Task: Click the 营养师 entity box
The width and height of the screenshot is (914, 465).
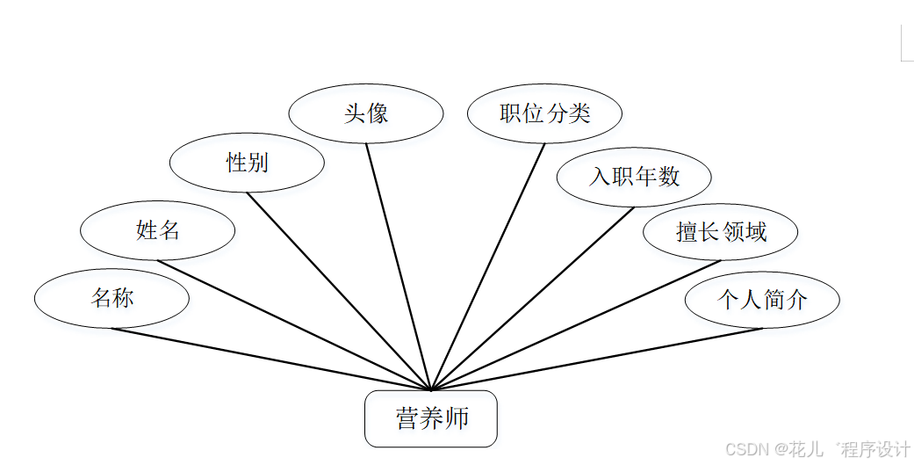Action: coord(431,418)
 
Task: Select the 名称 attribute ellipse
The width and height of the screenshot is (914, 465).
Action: coord(112,299)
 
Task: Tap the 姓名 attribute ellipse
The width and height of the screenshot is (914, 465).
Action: coord(157,231)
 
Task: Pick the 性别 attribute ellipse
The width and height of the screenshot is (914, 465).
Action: coord(247,163)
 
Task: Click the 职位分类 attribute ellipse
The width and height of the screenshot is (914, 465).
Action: coord(544,113)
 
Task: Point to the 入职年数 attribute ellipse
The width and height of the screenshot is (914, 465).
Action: coord(634,177)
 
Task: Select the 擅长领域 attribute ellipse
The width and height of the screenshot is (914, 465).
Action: coord(721,232)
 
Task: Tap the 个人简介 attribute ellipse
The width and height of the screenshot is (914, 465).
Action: coord(762,300)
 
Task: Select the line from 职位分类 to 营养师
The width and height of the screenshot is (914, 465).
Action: coord(488,266)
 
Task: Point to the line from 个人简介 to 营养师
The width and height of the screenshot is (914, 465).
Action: coord(597,360)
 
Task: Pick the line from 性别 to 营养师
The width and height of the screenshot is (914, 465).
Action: coord(339,291)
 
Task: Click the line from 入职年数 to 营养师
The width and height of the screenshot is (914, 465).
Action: coord(533,298)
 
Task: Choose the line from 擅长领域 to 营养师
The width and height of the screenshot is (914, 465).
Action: coord(576,325)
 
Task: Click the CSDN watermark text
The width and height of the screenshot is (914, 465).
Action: coord(817,449)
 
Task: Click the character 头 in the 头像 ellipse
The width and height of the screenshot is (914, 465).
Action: coord(354,113)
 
